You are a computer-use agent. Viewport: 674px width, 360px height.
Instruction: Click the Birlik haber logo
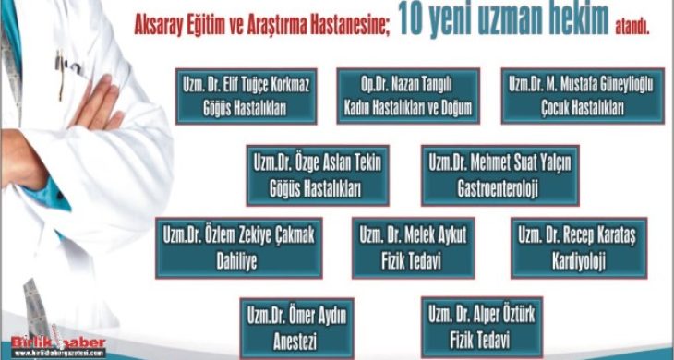(x=54, y=345)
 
